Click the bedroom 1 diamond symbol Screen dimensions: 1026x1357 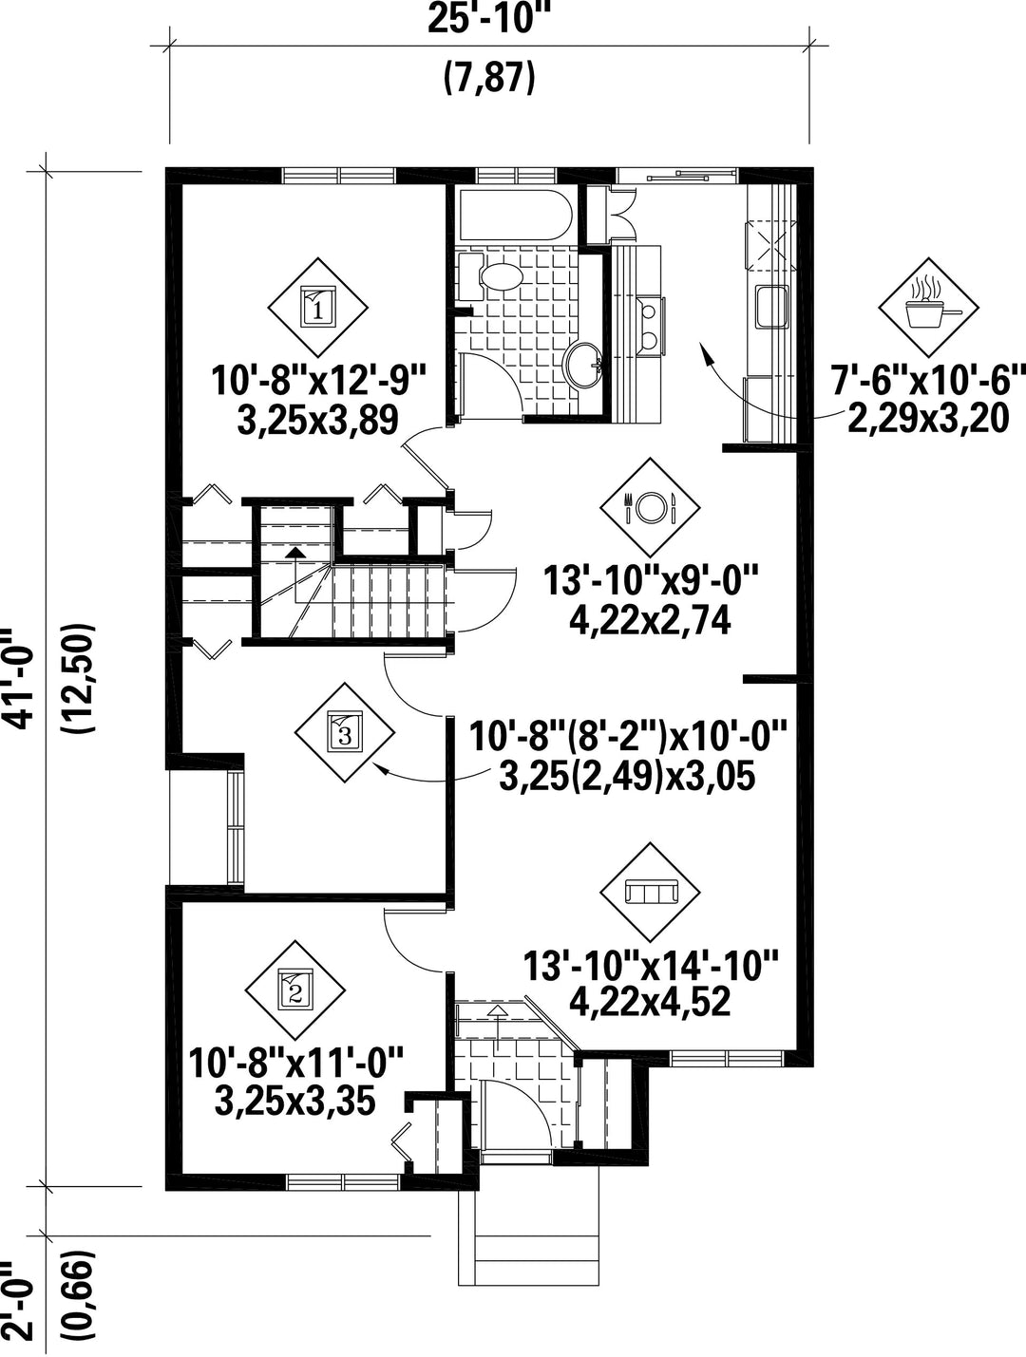(x=318, y=308)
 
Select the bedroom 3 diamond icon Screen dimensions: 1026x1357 (x=345, y=732)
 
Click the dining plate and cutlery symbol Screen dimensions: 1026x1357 (x=650, y=507)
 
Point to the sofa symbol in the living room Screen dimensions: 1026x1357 (x=650, y=893)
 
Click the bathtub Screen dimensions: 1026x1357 (x=513, y=216)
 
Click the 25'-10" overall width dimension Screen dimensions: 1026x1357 (x=488, y=20)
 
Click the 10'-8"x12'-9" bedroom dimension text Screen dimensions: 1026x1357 (x=319, y=381)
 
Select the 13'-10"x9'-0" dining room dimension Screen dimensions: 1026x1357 (x=651, y=581)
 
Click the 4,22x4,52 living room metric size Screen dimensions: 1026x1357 (x=650, y=1003)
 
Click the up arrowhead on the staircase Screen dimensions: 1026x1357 (x=295, y=552)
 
